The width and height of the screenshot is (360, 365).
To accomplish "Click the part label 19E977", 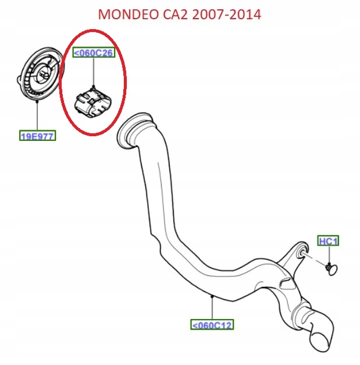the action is point(37,137).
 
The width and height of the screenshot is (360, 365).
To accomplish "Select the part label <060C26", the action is point(93,53).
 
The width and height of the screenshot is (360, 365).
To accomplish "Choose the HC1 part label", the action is point(329,240).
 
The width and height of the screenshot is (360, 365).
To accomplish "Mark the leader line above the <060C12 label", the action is point(212,307).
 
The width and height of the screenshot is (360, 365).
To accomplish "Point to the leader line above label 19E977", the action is point(37,116).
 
